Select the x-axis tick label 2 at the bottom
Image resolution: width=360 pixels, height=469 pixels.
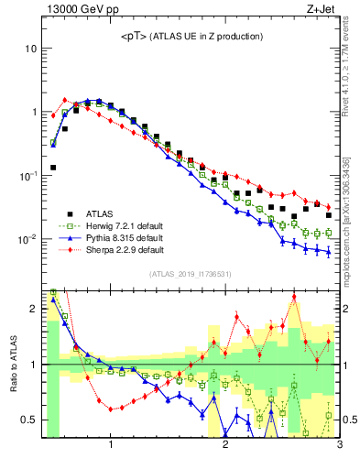[x=225, y=446]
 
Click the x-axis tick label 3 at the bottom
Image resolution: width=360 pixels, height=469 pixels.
[x=339, y=446]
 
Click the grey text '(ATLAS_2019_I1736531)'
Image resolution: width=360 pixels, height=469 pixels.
[x=191, y=274]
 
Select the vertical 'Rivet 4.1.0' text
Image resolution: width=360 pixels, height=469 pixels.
[x=351, y=69]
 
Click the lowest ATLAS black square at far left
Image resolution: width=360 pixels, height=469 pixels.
[x=53, y=168]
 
